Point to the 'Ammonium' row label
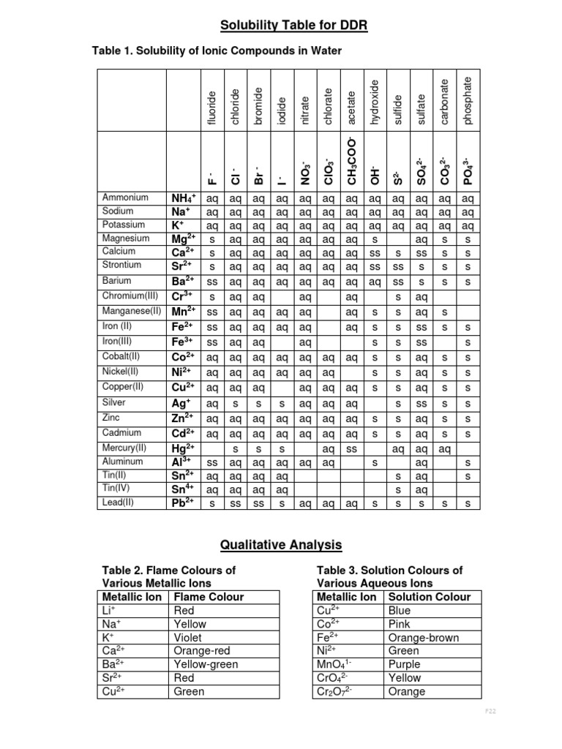pyautogui.click(x=125, y=197)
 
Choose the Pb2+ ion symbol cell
pyautogui.click(x=182, y=503)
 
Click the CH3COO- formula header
pyautogui.click(x=352, y=160)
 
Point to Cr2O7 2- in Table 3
pyautogui.click(x=334, y=691)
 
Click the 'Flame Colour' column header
pyautogui.click(x=209, y=597)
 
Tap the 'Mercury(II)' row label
pyautogui.click(x=126, y=447)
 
